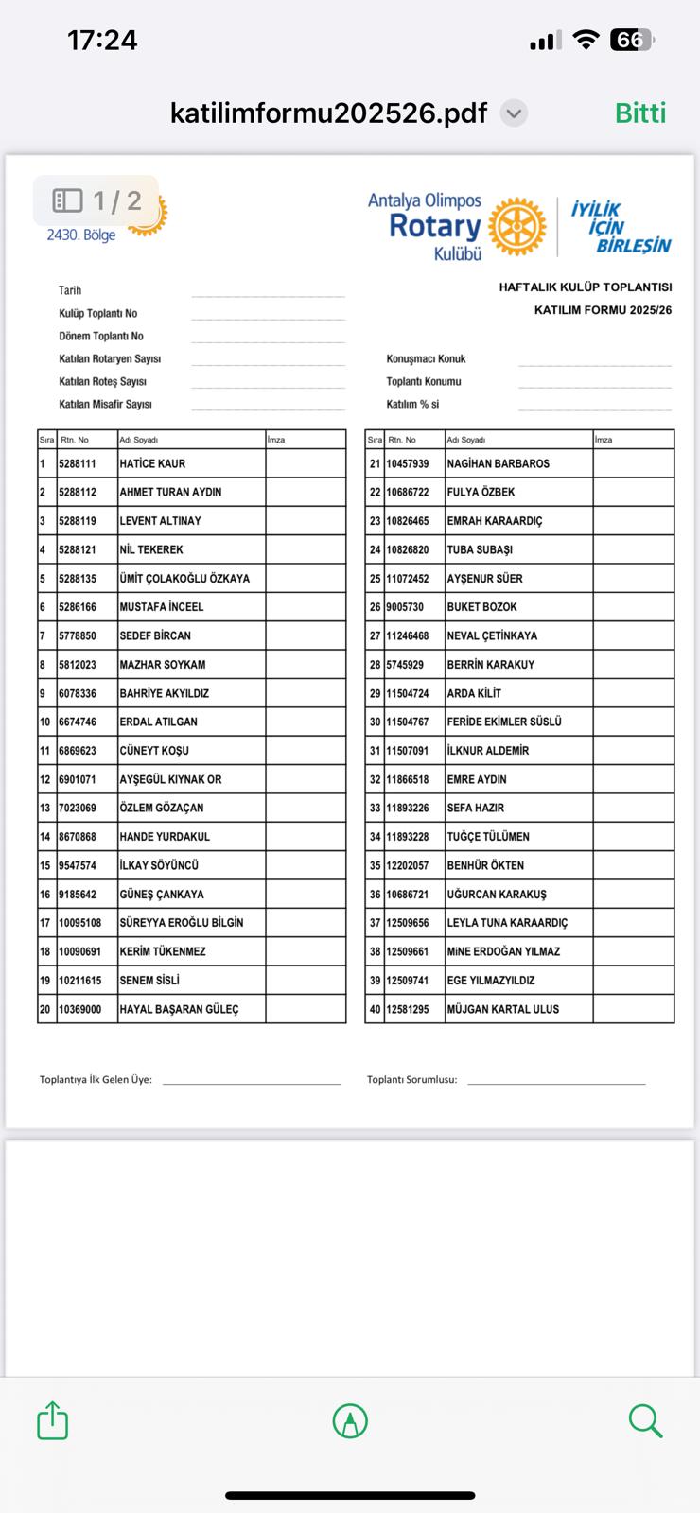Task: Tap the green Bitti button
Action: (640, 113)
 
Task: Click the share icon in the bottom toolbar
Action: (53, 1420)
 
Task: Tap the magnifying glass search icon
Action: (645, 1420)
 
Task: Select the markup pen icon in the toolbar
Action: (350, 1420)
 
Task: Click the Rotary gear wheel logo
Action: (517, 227)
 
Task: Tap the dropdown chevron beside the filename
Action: (513, 114)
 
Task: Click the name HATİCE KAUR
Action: (152, 463)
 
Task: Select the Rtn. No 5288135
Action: (78, 579)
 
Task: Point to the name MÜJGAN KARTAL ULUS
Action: (502, 1009)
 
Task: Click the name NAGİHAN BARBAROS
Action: (498, 463)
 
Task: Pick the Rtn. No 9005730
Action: (405, 607)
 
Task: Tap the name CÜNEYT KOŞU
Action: (154, 751)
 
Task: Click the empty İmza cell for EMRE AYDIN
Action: (633, 779)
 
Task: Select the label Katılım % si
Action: (412, 405)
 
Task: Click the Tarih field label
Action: (70, 290)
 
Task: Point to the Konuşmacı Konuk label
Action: (426, 359)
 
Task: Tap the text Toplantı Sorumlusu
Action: (411, 1079)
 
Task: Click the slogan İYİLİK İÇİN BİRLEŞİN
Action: (620, 228)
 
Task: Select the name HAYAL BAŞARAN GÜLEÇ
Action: (179, 1009)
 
